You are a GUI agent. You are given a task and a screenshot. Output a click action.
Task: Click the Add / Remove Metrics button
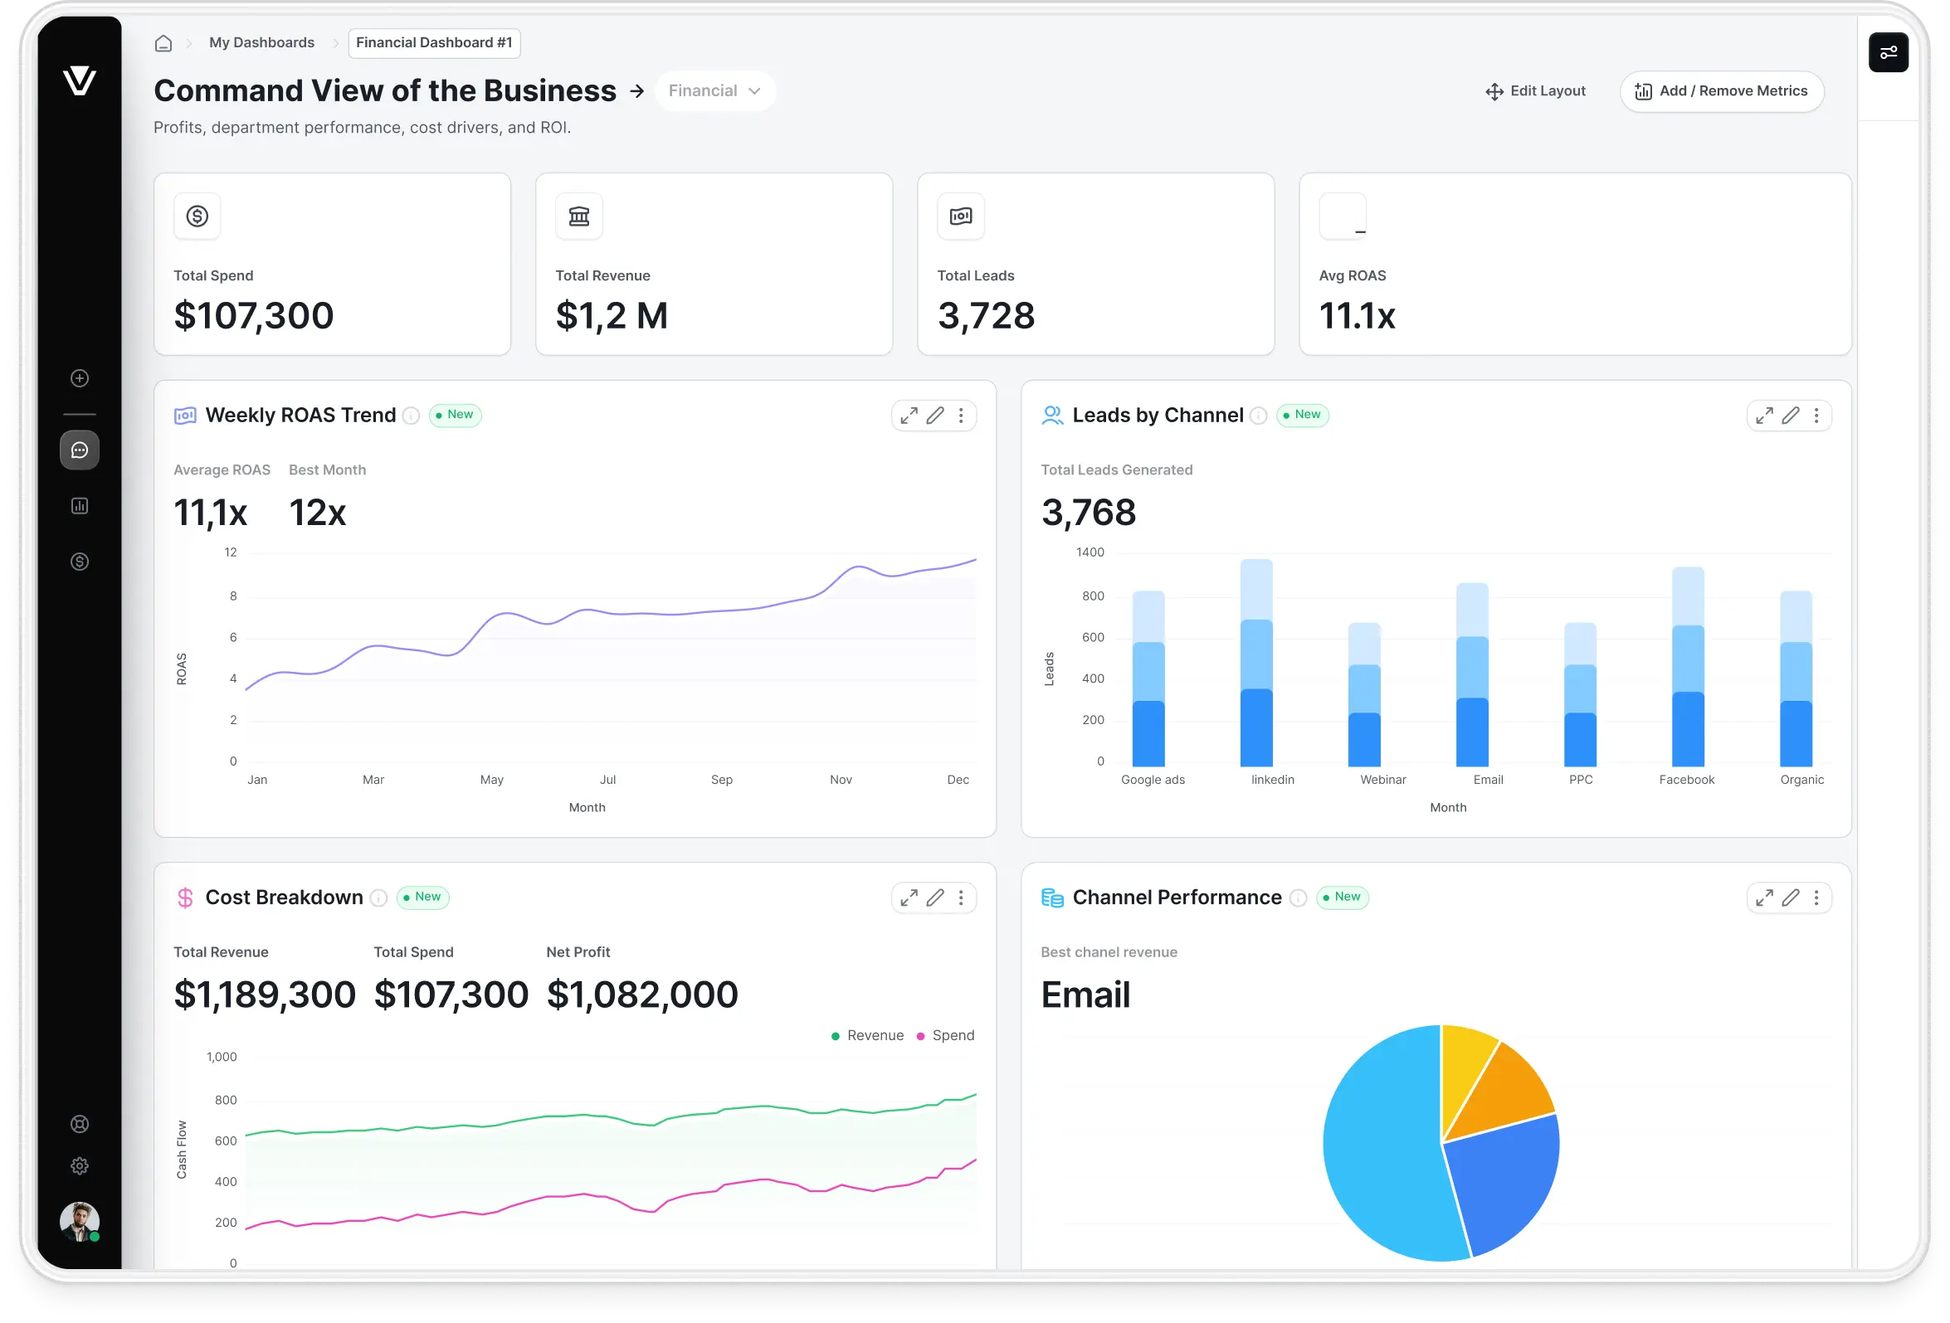click(x=1721, y=91)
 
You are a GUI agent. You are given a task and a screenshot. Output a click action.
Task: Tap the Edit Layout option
click(x=1534, y=91)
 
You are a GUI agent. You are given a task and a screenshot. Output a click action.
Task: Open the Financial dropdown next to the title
click(x=715, y=90)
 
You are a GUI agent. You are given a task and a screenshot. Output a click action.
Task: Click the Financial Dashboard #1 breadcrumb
click(x=434, y=43)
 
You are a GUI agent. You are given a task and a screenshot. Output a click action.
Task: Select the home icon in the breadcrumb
click(x=163, y=44)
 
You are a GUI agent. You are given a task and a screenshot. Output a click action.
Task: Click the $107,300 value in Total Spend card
click(x=253, y=316)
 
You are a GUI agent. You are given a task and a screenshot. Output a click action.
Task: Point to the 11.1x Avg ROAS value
click(x=1356, y=316)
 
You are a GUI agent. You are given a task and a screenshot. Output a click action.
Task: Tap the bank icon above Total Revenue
click(x=579, y=216)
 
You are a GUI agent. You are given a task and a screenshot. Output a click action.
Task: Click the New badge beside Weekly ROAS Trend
click(x=455, y=415)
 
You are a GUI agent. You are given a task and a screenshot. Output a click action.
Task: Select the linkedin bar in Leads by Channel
click(x=1256, y=663)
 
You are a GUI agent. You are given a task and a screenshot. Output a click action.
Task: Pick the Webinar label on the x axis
click(x=1382, y=780)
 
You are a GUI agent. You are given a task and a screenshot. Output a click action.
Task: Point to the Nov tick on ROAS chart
click(x=840, y=780)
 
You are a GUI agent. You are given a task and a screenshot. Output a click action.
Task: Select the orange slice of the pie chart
click(x=1511, y=1094)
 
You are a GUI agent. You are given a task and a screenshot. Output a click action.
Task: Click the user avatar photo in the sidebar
click(x=79, y=1221)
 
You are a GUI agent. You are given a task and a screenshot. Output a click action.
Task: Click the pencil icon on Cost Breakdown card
click(x=934, y=897)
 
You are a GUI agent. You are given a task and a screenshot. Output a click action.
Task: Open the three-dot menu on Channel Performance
click(x=1816, y=897)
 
